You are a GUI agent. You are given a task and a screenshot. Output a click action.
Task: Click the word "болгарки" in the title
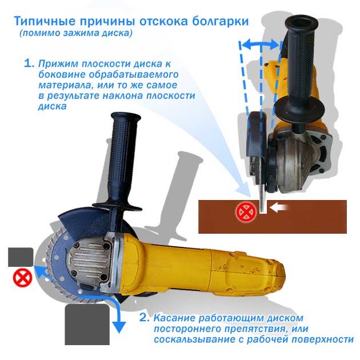point(220,21)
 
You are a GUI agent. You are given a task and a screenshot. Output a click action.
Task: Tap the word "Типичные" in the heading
point(45,21)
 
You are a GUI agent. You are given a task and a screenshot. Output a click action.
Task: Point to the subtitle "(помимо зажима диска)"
point(76,33)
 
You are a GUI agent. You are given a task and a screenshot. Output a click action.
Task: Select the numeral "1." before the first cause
point(29,63)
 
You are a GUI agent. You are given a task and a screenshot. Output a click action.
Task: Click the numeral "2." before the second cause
point(145,318)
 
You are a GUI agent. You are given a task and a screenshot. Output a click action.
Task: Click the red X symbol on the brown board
point(246,212)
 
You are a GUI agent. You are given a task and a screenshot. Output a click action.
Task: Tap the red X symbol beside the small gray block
point(22,278)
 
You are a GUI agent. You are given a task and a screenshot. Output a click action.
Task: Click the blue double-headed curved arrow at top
point(261,45)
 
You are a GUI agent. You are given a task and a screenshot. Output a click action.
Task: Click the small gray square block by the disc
point(21,257)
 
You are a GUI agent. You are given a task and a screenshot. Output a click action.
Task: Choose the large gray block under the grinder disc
point(87,325)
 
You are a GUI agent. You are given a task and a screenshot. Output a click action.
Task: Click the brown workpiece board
point(273,217)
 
